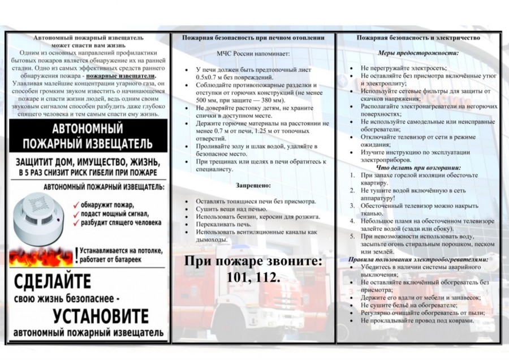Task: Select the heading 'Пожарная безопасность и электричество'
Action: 419,37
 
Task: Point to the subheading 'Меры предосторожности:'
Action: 419,53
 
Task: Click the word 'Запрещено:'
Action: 253,185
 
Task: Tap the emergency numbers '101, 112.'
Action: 253,277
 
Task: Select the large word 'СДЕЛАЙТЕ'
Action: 53,281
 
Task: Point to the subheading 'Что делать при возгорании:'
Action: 419,168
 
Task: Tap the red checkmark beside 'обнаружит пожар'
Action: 75,204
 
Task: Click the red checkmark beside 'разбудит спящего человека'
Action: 75,222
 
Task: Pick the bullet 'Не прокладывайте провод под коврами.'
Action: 417,320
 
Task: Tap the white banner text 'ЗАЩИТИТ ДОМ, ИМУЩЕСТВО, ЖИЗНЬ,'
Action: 86,161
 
